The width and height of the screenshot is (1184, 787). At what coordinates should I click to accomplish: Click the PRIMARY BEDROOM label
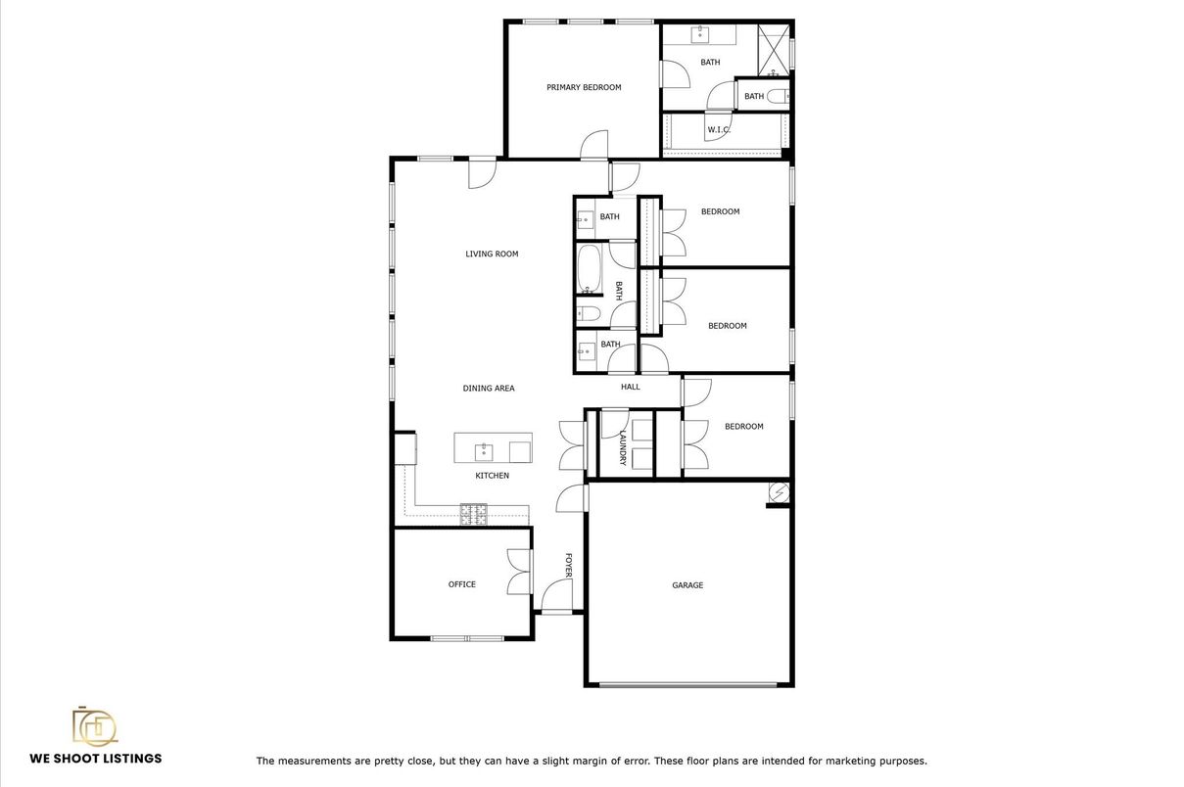coord(584,87)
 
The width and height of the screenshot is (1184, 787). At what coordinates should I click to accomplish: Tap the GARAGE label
coord(687,585)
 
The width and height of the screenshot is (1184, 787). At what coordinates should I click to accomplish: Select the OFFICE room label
coord(461,584)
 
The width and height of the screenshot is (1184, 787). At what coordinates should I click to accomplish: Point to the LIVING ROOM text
coord(492,254)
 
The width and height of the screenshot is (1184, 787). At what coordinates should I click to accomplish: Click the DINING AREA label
coord(489,389)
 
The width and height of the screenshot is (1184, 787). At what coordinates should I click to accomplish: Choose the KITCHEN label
coord(492,476)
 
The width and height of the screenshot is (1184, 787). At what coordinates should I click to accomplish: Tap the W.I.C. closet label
coord(719,129)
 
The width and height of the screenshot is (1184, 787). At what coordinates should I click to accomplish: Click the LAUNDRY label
coord(623,447)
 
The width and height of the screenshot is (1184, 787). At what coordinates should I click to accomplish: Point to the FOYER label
coord(569,565)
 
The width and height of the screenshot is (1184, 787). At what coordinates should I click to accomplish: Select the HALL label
coord(630,387)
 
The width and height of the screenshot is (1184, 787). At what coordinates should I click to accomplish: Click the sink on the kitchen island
coord(484,451)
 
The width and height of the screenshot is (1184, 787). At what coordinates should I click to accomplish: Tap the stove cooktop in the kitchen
coord(474,514)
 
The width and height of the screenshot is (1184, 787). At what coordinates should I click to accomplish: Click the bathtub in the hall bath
coord(589,269)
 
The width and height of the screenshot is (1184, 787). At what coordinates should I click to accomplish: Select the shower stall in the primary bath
coord(774,50)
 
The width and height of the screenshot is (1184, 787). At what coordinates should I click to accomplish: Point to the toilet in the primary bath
coord(778,96)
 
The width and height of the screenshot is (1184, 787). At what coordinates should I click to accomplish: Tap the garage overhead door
coord(688,685)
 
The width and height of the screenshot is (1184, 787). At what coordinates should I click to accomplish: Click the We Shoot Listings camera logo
coord(95,726)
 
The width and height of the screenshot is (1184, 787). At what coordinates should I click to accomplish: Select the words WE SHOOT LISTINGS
coord(96,759)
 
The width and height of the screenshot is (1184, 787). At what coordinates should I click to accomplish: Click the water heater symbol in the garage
coord(780,492)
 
